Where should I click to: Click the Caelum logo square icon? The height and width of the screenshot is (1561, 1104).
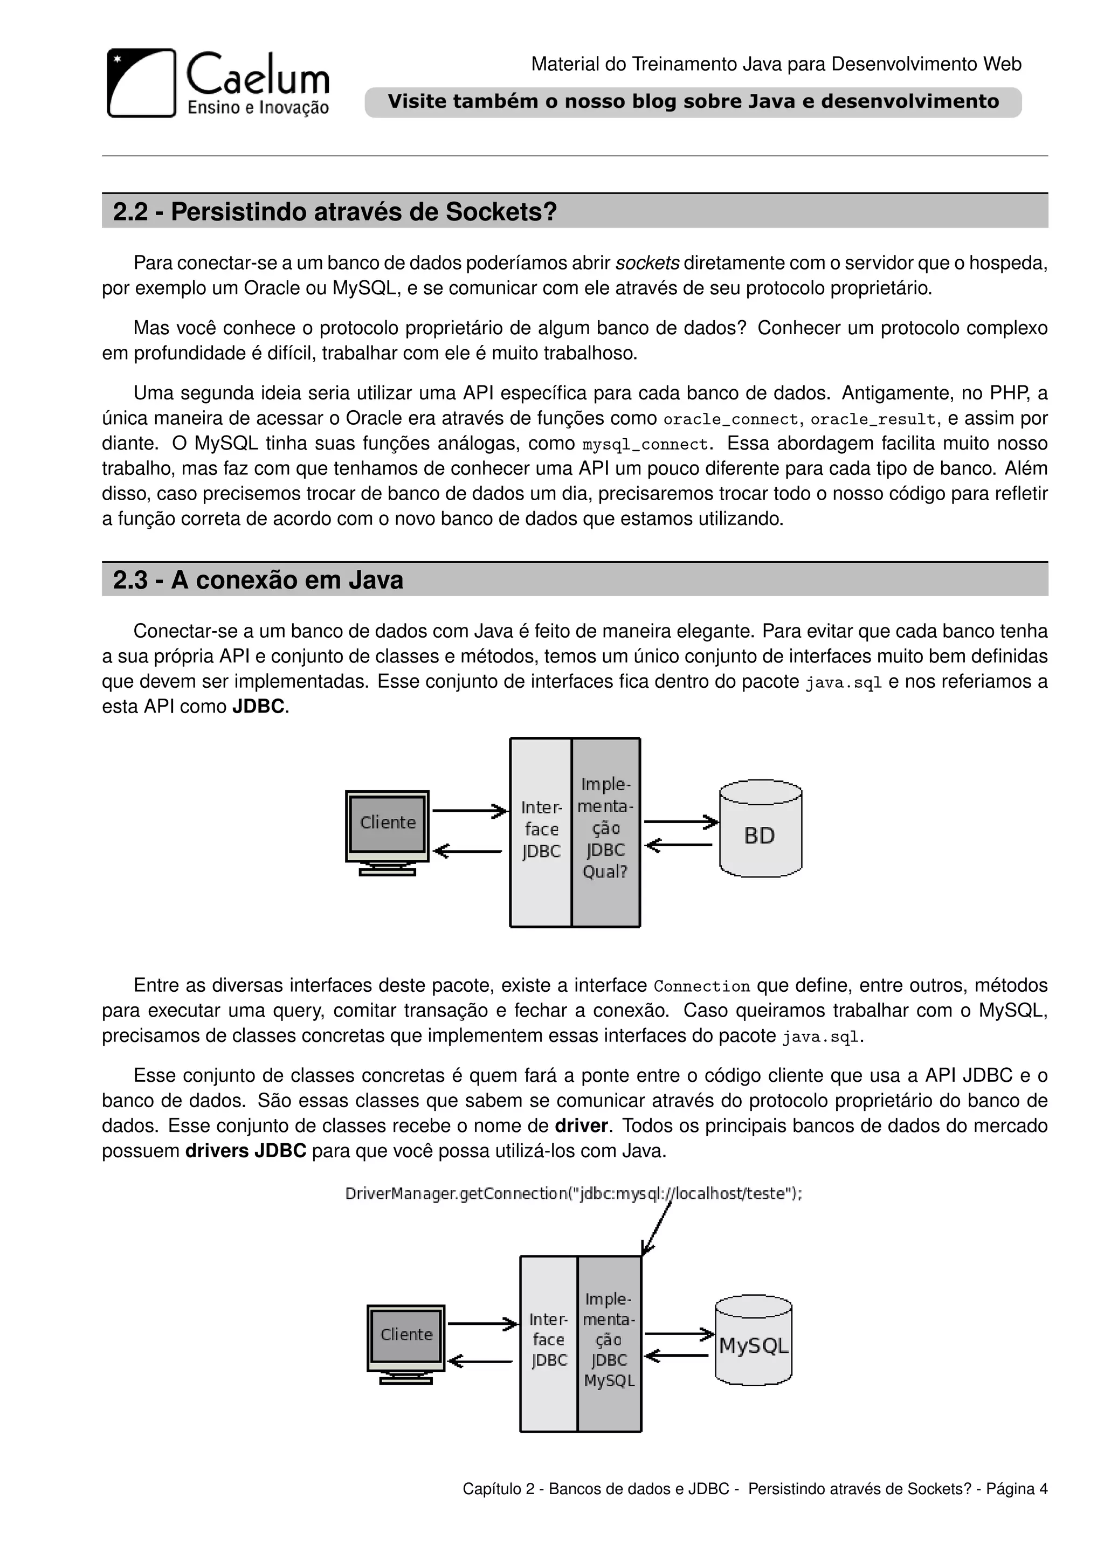[x=141, y=83]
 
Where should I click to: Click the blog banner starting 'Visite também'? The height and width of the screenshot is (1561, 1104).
[x=693, y=102]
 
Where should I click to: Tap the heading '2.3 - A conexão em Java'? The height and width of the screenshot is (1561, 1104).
[x=258, y=580]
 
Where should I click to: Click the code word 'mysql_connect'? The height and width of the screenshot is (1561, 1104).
[x=645, y=445]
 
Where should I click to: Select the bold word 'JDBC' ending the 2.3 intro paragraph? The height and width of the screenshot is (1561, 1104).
[x=258, y=707]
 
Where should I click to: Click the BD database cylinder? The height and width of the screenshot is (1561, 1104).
[x=760, y=829]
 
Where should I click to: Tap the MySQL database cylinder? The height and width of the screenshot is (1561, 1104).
[x=753, y=1342]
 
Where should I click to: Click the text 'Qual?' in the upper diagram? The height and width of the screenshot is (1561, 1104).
[x=604, y=872]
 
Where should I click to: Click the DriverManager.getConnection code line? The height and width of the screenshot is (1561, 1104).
[x=573, y=1194]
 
